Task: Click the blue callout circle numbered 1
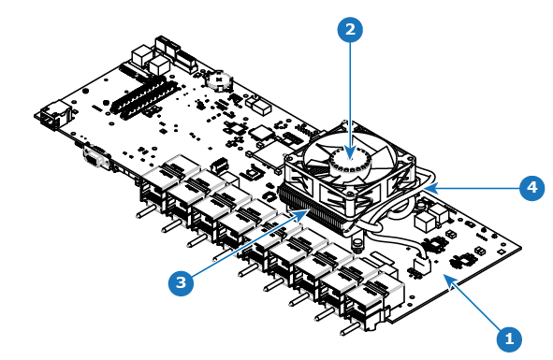[509, 339]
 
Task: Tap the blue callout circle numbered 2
[350, 30]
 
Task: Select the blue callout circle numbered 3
[181, 282]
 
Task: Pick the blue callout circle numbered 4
[532, 188]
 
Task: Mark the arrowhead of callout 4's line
[428, 188]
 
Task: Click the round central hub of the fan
[351, 160]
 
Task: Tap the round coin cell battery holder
[219, 80]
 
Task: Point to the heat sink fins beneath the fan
[311, 210]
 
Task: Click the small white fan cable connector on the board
[421, 264]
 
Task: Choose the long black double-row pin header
[143, 98]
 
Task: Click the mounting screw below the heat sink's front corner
[357, 244]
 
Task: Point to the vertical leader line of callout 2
[350, 100]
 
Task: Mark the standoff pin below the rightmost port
[350, 329]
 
